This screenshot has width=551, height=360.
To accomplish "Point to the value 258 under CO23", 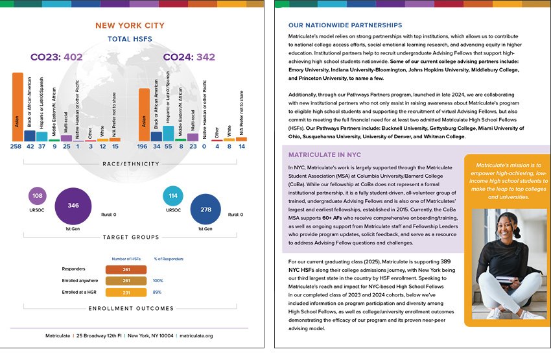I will [16, 147].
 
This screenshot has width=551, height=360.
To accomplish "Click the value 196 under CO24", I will [143, 147].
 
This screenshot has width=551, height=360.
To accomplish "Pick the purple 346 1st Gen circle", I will [73, 205].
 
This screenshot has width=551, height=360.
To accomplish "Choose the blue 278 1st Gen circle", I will [205, 210].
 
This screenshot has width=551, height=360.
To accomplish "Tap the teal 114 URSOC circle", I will [173, 195].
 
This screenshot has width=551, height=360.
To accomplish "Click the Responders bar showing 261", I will [126, 269].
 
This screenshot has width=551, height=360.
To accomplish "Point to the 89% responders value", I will [157, 293].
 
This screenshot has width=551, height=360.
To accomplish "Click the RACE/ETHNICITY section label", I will [131, 164].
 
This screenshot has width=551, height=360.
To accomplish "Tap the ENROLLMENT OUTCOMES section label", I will [131, 308].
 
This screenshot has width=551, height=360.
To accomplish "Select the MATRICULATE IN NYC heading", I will [324, 156].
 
